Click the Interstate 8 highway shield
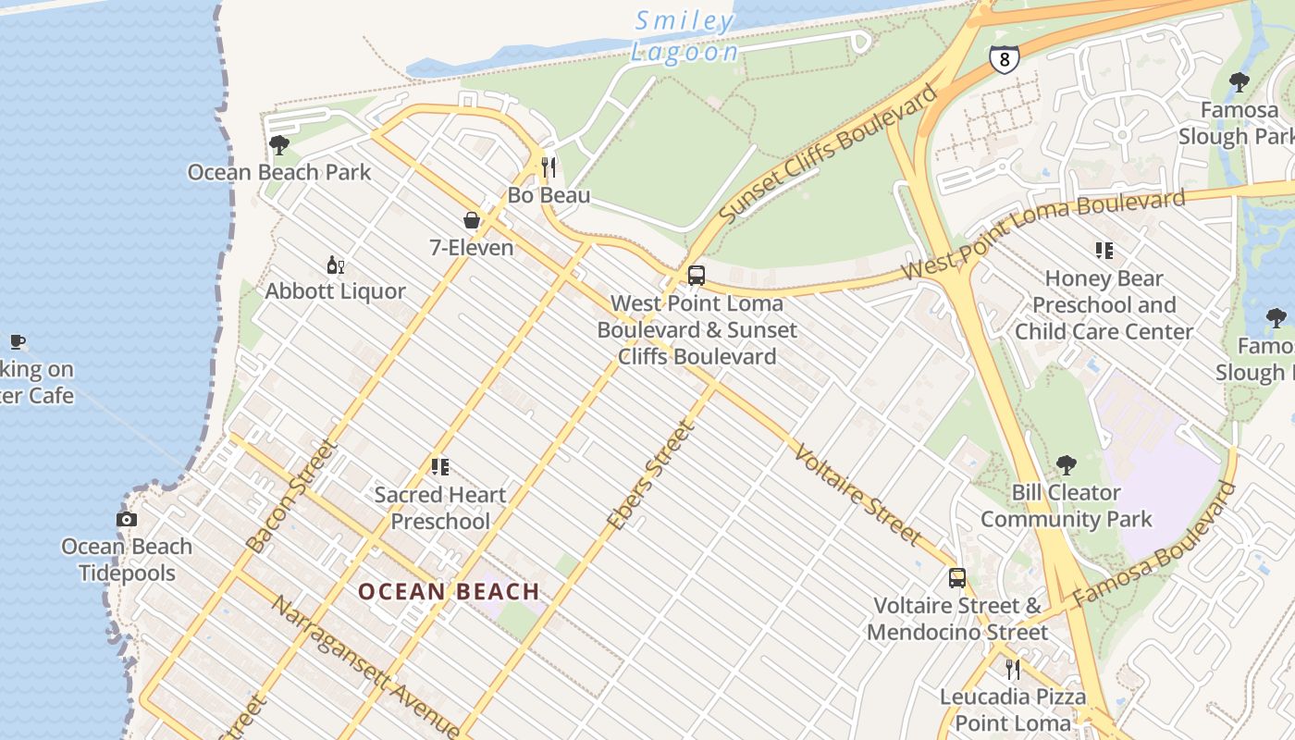pyautogui.click(x=1004, y=58)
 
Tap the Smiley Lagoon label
pyautogui.click(x=684, y=36)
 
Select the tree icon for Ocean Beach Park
pyautogui.click(x=278, y=145)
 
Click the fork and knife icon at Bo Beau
pyautogui.click(x=549, y=167)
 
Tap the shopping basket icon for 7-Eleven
pyautogui.click(x=472, y=220)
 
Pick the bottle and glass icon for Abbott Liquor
pyautogui.click(x=335, y=265)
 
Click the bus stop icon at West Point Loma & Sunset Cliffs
pyautogui.click(x=697, y=276)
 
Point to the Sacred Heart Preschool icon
pyautogui.click(x=440, y=467)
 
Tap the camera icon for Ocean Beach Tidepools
pyautogui.click(x=127, y=520)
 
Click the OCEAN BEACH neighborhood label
pyautogui.click(x=449, y=592)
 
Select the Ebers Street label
pyautogui.click(x=650, y=475)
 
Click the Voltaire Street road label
pyautogui.click(x=857, y=495)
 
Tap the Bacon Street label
pyautogui.click(x=292, y=497)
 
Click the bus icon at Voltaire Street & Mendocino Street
pyautogui.click(x=957, y=579)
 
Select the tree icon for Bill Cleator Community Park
pyautogui.click(x=1067, y=465)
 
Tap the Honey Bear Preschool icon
pyautogui.click(x=1104, y=251)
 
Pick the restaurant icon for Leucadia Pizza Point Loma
pyautogui.click(x=1013, y=669)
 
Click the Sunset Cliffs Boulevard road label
pyautogui.click(x=829, y=153)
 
